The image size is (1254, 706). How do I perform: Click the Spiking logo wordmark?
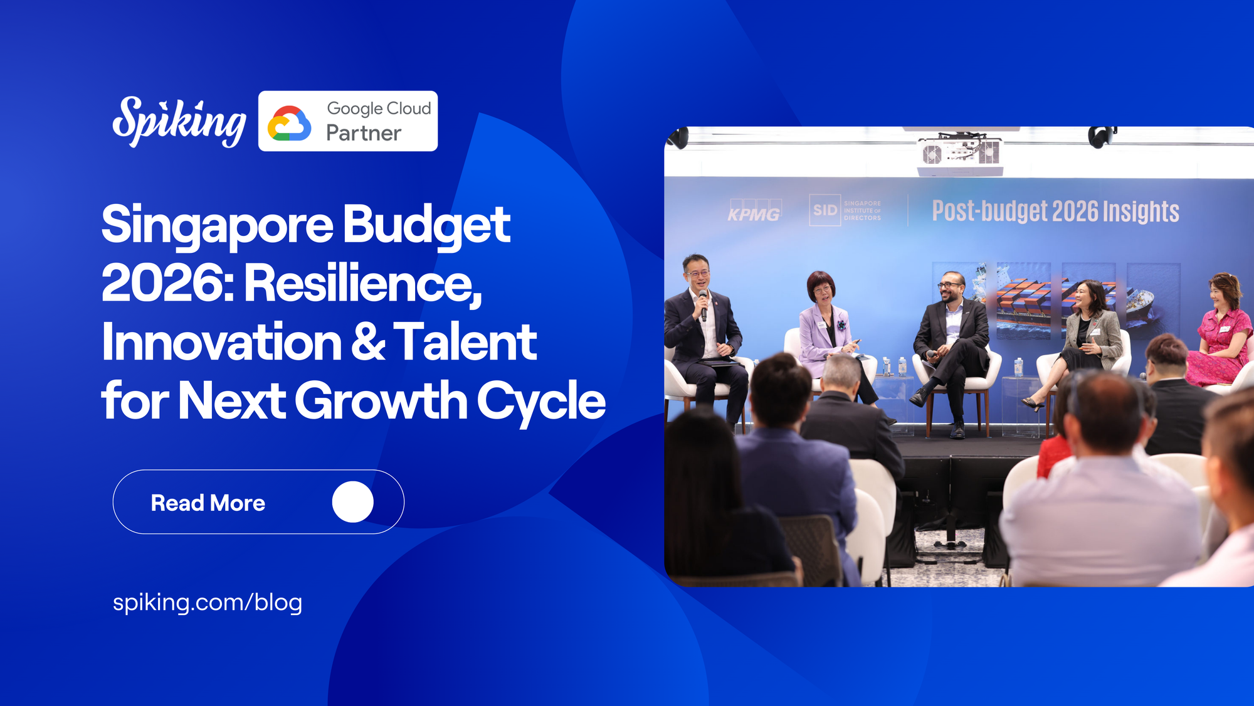(x=179, y=122)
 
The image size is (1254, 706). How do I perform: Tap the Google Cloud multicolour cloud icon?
(x=289, y=123)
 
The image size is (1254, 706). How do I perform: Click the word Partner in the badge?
(x=364, y=133)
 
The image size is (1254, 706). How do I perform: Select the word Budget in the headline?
(x=426, y=225)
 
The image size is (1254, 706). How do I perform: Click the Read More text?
(x=208, y=503)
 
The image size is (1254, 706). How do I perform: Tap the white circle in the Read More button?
(x=353, y=502)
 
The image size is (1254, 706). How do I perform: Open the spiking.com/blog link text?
(x=208, y=602)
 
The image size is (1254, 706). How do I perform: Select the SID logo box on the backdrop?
(x=825, y=210)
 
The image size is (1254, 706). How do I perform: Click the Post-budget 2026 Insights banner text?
(x=1055, y=211)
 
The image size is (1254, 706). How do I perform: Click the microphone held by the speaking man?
(x=703, y=304)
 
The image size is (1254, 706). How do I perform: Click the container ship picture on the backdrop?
(x=1023, y=301)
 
